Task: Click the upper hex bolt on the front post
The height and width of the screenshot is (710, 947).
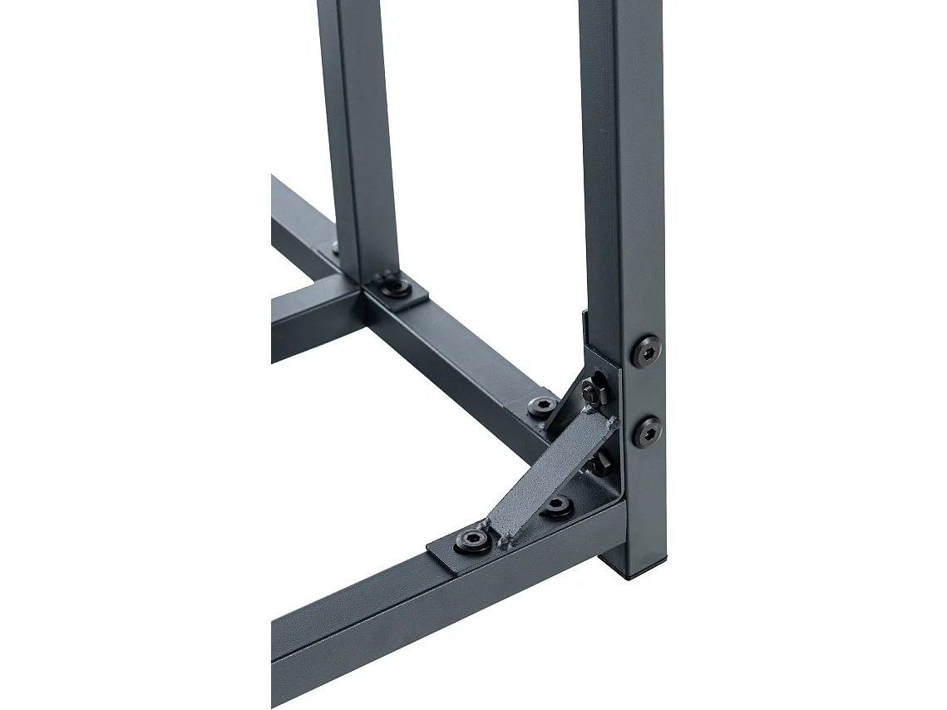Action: pos(646,352)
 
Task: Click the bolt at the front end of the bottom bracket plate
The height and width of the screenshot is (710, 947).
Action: pos(471,541)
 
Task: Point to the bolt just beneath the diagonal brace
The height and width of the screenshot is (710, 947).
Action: pos(556,506)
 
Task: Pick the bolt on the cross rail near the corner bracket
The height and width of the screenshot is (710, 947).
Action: pos(543,406)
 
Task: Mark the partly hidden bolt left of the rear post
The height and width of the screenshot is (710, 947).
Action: pos(335,246)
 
